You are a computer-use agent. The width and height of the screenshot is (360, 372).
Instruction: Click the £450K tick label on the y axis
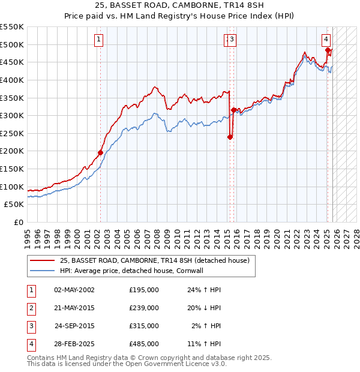12,62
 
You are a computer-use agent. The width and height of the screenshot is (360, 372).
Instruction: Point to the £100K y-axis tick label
12,187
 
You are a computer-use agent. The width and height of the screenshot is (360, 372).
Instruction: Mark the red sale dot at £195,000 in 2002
100,152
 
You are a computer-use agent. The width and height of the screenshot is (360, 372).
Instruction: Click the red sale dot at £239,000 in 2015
230,137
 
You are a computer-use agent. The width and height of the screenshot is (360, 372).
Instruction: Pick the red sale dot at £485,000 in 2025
328,50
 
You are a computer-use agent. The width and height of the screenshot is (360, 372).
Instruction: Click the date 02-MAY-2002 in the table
74,290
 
